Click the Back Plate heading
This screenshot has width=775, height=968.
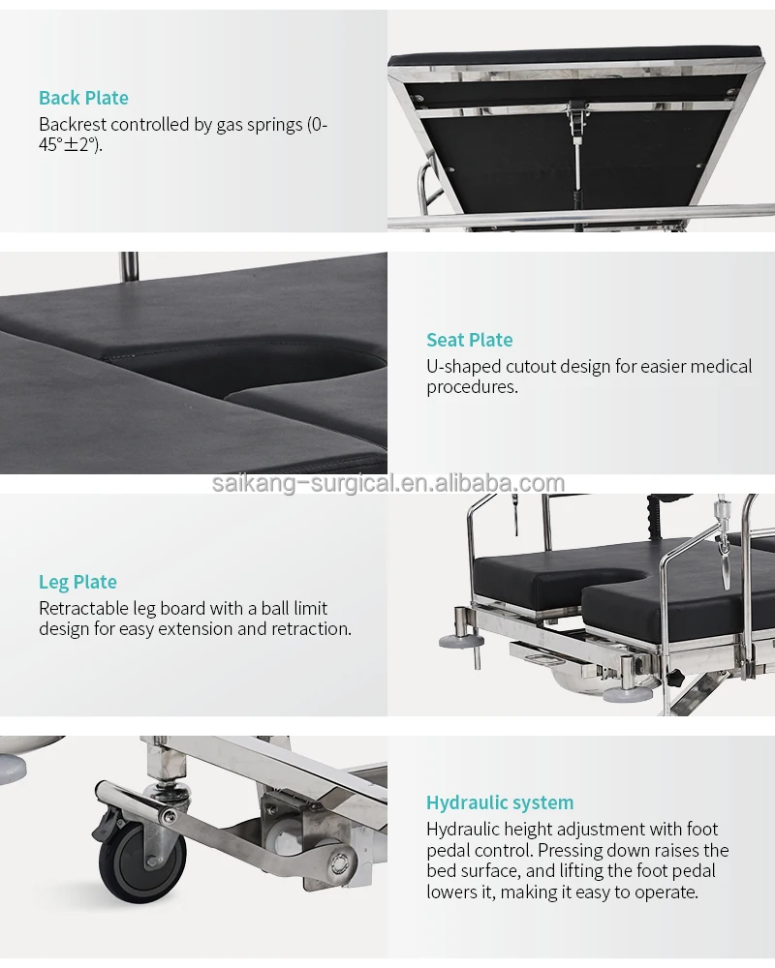click(x=83, y=98)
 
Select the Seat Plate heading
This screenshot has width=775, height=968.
click(x=470, y=340)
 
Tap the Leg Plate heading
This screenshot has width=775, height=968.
click(x=77, y=582)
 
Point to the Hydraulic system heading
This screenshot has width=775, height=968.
click(x=500, y=802)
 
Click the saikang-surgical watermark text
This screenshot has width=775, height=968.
click(x=387, y=484)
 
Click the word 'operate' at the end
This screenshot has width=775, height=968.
click(x=666, y=892)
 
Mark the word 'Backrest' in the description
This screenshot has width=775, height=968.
click(x=73, y=125)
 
